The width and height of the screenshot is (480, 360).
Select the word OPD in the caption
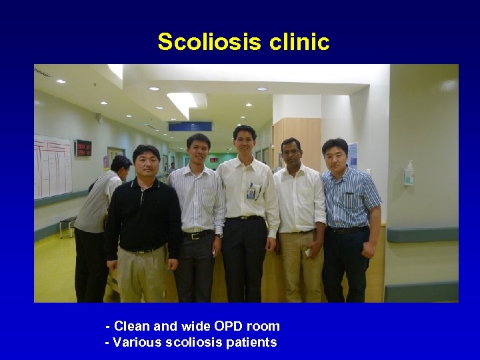(229, 326)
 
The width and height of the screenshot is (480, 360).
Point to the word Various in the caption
(137, 343)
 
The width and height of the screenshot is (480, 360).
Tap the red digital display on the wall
(83, 147)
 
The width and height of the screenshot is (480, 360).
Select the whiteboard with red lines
(53, 166)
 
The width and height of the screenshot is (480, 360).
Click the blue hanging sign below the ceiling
(191, 126)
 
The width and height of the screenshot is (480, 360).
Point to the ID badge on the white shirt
(251, 192)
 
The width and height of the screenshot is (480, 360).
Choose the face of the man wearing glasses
(291, 153)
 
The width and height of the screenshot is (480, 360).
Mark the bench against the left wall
(67, 225)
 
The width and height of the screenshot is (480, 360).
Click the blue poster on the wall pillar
(352, 155)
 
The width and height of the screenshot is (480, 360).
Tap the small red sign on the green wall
(214, 160)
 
